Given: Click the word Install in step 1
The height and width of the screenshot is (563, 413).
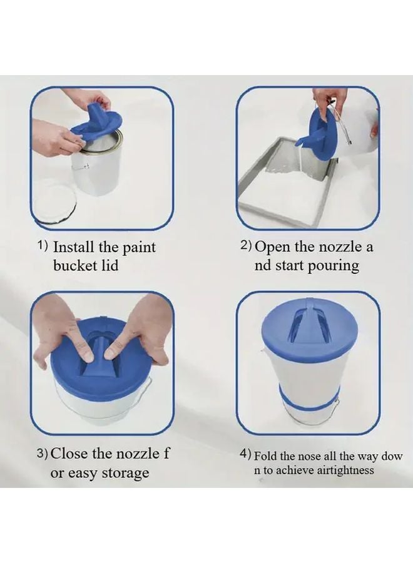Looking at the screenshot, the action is [x=74, y=247].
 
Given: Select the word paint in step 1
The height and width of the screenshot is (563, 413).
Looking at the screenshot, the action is [x=139, y=248].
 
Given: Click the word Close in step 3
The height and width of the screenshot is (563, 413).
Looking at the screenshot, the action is [x=69, y=454].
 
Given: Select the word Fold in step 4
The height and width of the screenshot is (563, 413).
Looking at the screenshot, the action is [x=265, y=457].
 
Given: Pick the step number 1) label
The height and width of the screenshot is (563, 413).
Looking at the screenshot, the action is [x=43, y=246].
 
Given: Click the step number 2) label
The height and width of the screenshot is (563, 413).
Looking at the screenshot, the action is [x=246, y=246].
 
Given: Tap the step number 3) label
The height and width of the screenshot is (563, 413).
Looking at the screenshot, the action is [x=42, y=453].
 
